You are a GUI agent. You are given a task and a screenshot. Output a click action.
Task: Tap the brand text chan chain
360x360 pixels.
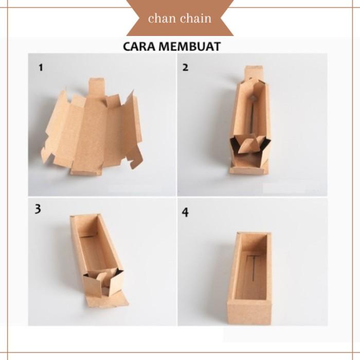click(x=179, y=19)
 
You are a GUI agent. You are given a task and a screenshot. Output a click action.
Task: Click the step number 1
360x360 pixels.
click(x=40, y=67)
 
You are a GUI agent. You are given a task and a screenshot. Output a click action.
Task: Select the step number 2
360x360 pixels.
click(x=185, y=67)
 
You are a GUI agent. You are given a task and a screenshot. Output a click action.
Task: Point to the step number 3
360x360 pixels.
click(x=38, y=209)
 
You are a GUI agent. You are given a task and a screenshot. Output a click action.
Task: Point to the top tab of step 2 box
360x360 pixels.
click(x=254, y=73)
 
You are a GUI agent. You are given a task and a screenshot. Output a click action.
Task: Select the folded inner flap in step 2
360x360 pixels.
click(x=249, y=144)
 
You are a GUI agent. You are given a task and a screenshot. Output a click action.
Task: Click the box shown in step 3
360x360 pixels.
click(x=98, y=257)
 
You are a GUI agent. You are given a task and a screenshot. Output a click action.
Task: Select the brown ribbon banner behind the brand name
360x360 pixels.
click(x=179, y=19)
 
